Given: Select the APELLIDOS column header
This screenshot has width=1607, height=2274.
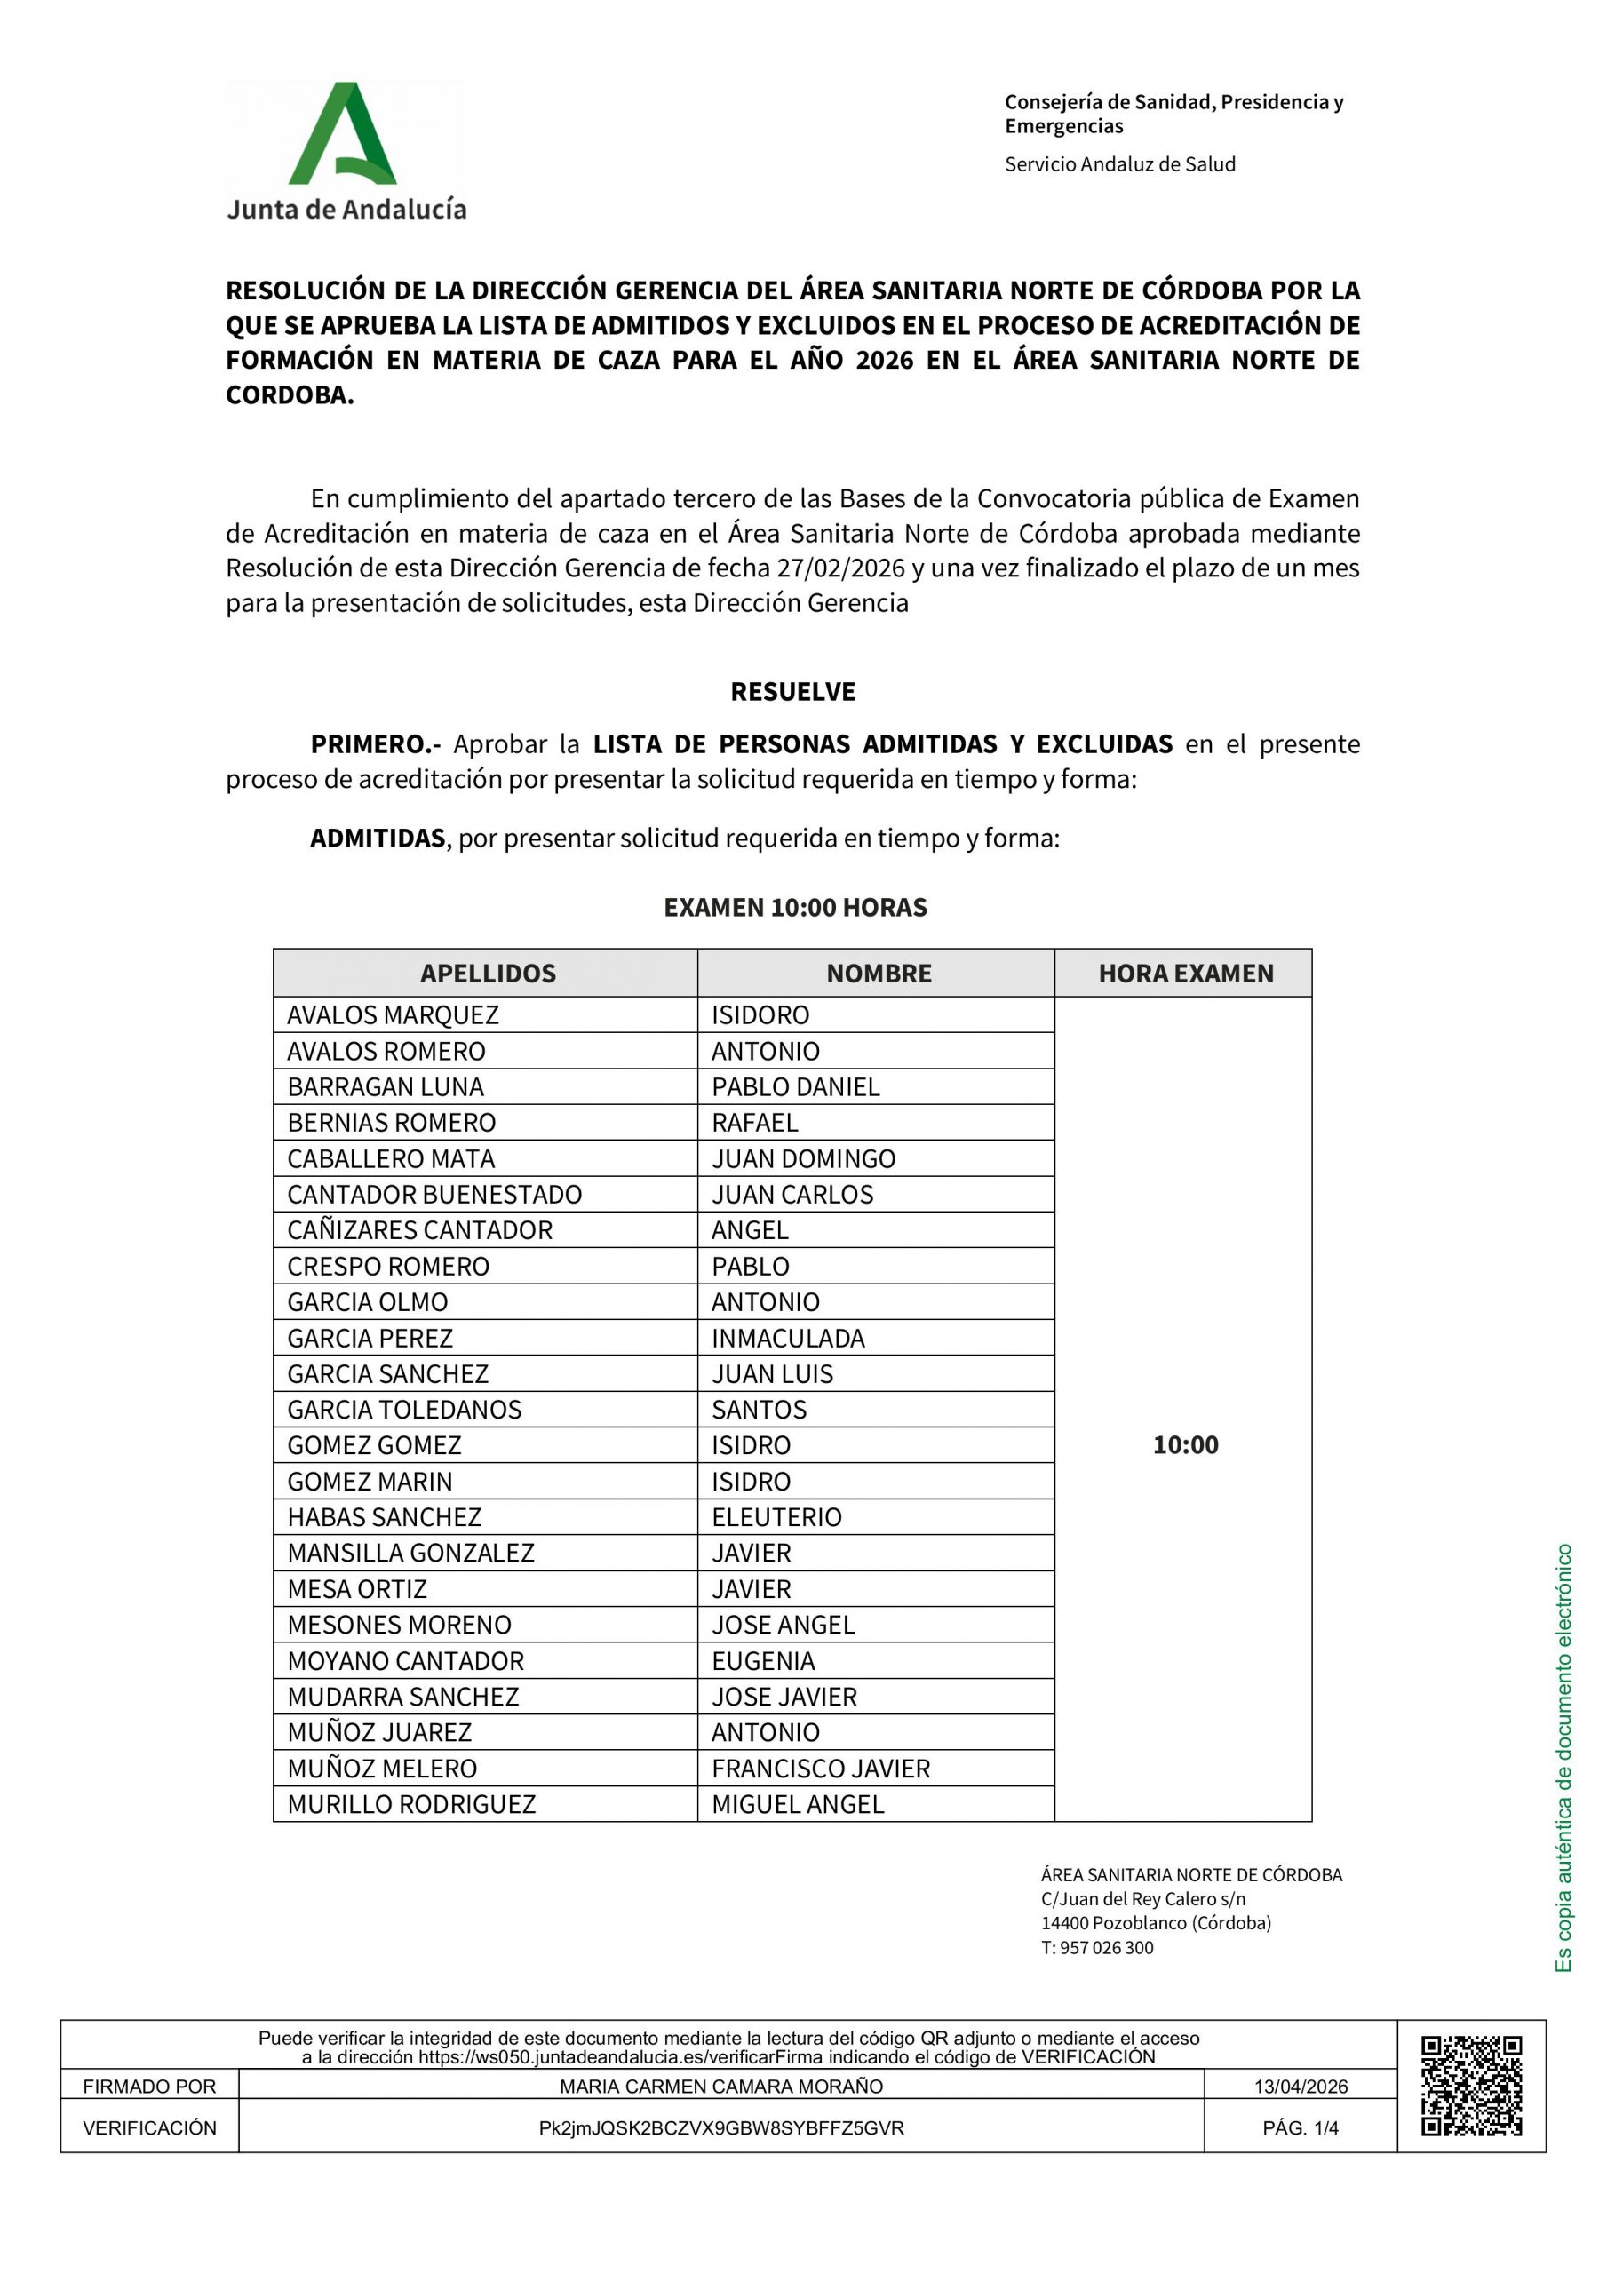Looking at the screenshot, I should click(488, 974).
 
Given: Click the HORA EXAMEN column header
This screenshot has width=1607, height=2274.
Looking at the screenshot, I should click(1185, 974).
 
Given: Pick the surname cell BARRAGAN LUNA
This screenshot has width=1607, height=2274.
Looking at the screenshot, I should click(386, 1086).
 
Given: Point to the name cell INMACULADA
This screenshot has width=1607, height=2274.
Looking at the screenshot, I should click(788, 1338).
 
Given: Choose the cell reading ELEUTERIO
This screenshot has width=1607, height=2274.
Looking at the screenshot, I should click(776, 1517).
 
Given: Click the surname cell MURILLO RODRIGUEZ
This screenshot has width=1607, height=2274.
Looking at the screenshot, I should click(411, 1803).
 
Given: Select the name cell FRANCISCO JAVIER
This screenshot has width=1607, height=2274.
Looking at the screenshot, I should click(820, 1768).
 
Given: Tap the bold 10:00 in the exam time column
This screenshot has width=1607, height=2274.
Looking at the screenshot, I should click(1185, 1445).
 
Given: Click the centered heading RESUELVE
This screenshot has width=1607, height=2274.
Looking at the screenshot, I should click(792, 691).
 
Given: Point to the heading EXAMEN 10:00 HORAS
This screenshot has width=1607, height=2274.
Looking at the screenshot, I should click(794, 907).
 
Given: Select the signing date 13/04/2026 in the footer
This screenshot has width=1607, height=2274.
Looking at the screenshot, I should click(1300, 2087).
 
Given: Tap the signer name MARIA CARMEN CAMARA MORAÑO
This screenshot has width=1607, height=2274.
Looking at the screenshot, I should click(720, 2087).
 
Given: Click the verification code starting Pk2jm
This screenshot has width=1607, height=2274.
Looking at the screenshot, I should click(720, 2127).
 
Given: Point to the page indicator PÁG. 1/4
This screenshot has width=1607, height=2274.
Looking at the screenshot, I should click(1300, 2127).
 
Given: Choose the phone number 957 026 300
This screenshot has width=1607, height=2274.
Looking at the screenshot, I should click(1107, 1947).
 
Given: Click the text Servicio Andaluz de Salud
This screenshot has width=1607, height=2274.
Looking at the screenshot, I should click(1119, 164).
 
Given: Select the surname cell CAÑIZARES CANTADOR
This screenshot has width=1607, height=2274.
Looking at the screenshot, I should click(419, 1230).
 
